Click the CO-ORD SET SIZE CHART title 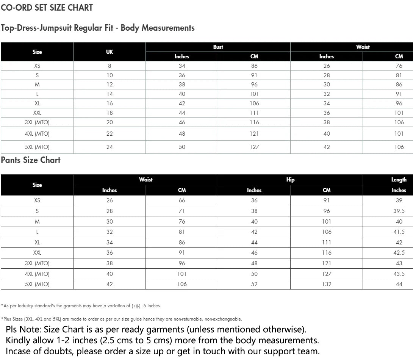[x=47, y=8]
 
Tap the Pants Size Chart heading [x=31, y=160]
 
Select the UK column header [x=110, y=52]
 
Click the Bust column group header [x=218, y=47]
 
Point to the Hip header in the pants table [x=290, y=180]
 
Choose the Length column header [x=399, y=180]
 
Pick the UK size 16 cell [x=110, y=103]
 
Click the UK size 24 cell [x=110, y=147]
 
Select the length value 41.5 [x=399, y=232]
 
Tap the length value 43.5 [x=399, y=274]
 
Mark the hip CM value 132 [x=327, y=284]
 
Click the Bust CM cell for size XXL [x=254, y=113]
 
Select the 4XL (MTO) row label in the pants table [x=37, y=274]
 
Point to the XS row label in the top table [x=37, y=66]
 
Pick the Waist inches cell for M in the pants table [x=110, y=222]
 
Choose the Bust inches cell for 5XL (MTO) [x=182, y=147]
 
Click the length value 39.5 [x=399, y=211]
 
